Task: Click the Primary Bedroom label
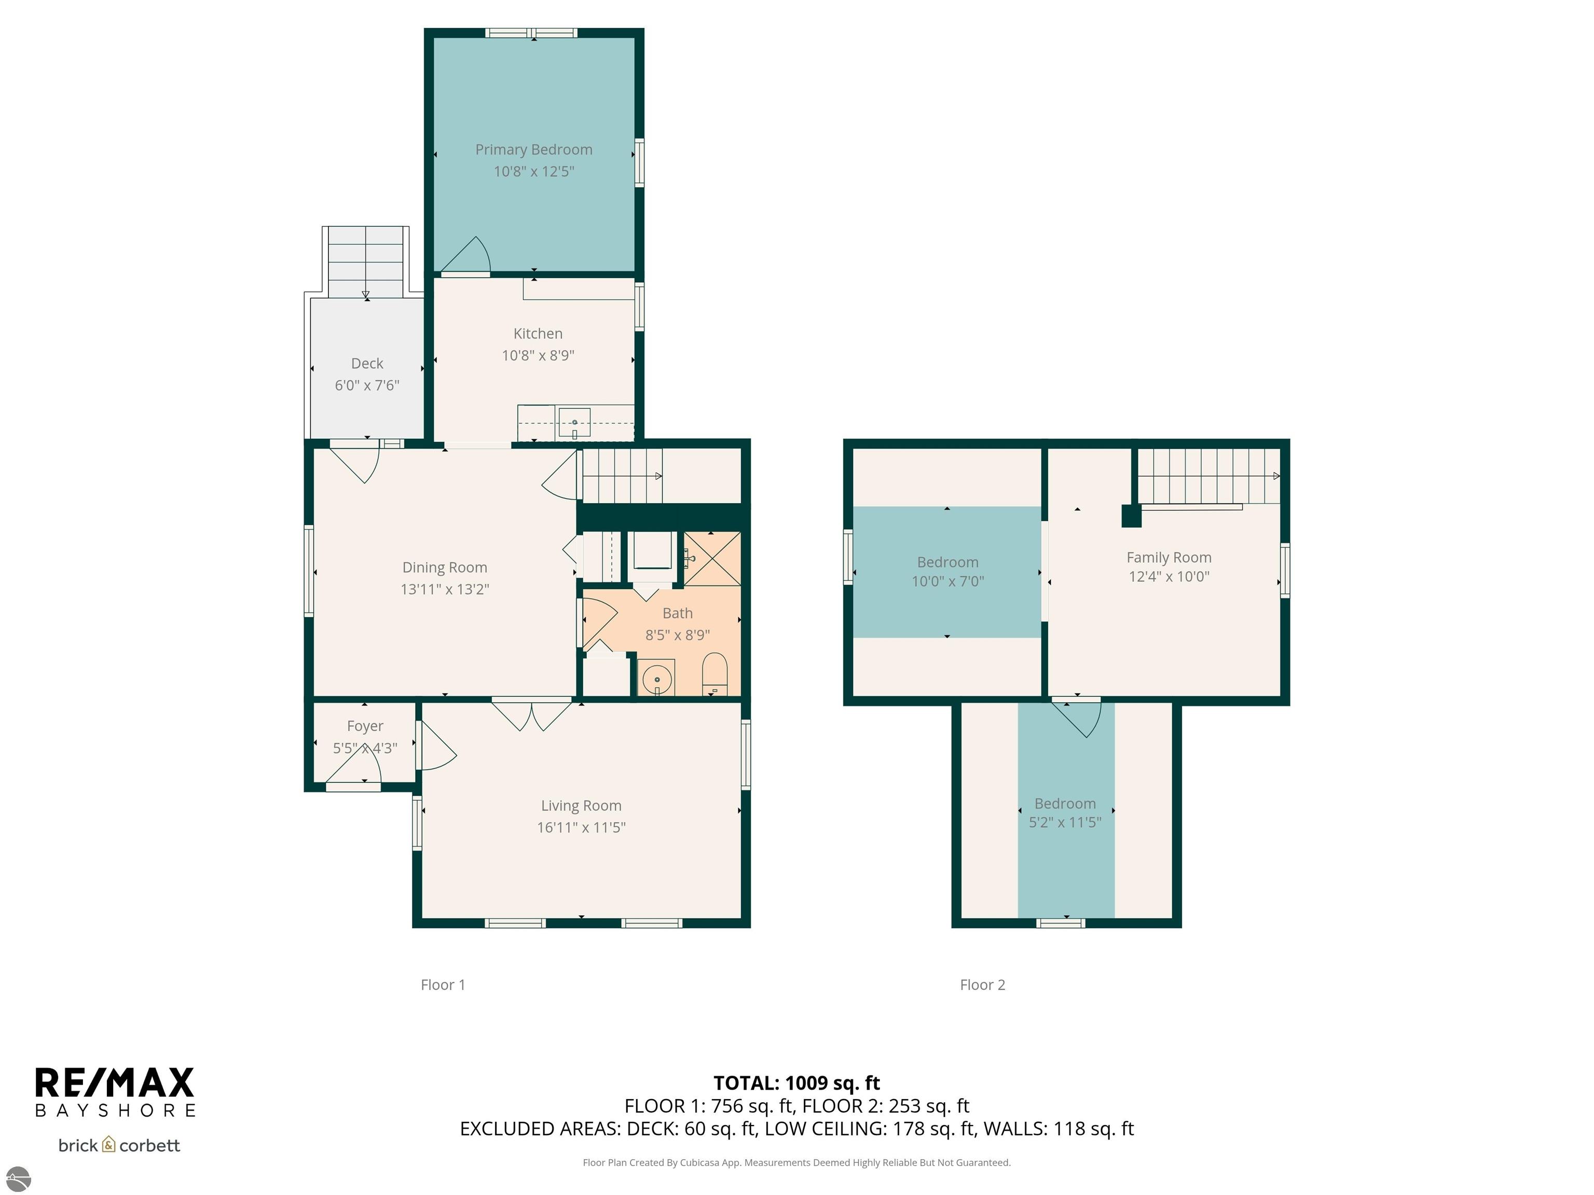[x=533, y=150]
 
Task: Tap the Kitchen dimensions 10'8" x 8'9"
[x=538, y=355]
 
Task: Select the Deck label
[x=367, y=363]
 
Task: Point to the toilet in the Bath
[x=715, y=674]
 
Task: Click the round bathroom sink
[x=656, y=678]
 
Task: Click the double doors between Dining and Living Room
[x=531, y=714]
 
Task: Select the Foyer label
[x=365, y=726]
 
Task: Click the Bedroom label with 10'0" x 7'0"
[x=947, y=563]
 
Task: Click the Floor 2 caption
[x=982, y=984]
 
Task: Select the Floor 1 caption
[x=443, y=984]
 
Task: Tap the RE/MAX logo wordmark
[x=115, y=1082]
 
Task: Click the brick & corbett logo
[x=119, y=1145]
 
